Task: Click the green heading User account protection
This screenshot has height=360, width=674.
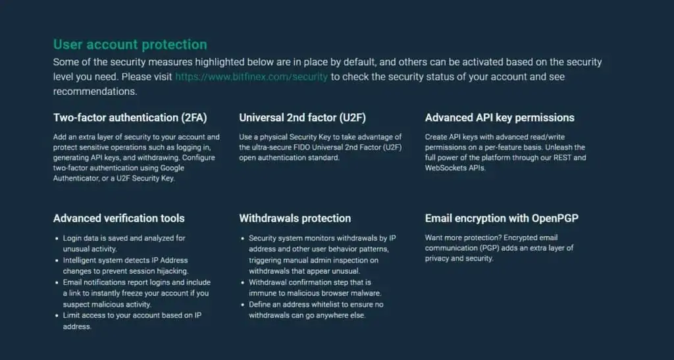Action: click(x=130, y=45)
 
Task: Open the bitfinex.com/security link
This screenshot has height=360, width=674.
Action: click(x=251, y=77)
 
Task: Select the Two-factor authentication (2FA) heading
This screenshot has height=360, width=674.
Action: click(x=130, y=118)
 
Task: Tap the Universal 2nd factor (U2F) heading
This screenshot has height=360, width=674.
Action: click(x=303, y=118)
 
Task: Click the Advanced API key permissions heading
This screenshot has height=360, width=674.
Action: click(x=500, y=118)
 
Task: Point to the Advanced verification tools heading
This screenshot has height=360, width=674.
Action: click(x=119, y=219)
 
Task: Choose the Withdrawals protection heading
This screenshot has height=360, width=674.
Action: click(x=295, y=219)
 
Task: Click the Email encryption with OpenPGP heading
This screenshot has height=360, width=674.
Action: click(x=502, y=219)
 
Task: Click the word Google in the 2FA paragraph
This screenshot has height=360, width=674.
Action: click(x=172, y=168)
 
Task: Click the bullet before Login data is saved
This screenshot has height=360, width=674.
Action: click(x=57, y=238)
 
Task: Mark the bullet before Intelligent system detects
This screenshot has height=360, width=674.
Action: click(x=57, y=261)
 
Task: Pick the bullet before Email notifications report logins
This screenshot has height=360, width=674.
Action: click(x=57, y=283)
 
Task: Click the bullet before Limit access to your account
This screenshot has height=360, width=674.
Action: click(x=57, y=315)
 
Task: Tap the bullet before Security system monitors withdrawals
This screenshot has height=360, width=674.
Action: click(x=243, y=238)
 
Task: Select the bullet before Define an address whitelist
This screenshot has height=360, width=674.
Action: click(x=243, y=305)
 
